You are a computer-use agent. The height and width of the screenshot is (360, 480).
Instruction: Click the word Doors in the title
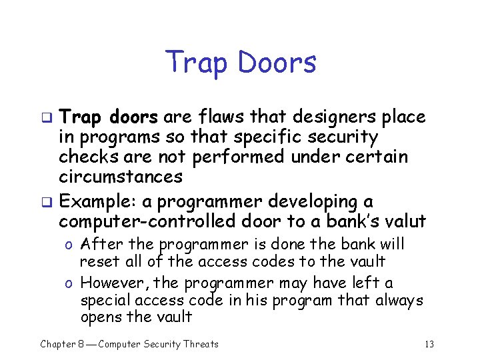277,63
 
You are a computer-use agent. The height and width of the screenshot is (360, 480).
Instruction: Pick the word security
349,137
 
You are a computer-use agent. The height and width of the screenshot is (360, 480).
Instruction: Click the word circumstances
121,177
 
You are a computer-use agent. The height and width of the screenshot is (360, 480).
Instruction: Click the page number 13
429,344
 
